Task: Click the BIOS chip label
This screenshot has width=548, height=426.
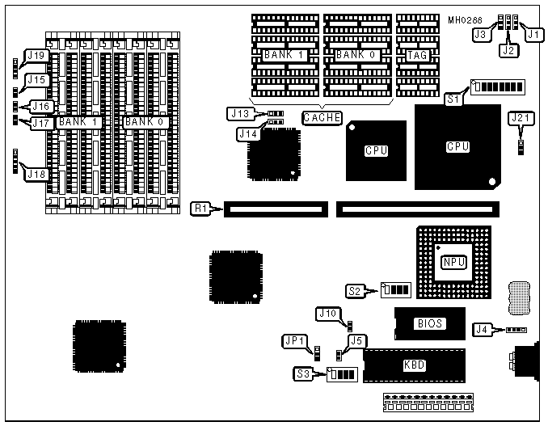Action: [x=429, y=323]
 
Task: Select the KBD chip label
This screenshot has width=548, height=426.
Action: [x=414, y=365]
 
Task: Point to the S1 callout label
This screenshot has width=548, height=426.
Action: [x=454, y=99]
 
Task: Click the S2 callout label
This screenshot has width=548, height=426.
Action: [x=354, y=290]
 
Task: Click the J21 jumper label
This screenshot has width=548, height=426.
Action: [x=521, y=118]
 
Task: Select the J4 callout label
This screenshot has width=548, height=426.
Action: [x=482, y=329]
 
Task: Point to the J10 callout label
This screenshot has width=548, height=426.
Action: [x=327, y=313]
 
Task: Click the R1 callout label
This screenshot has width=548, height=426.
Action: [x=201, y=209]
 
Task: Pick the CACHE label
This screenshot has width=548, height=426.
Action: [x=321, y=117]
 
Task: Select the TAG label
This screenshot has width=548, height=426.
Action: [x=417, y=55]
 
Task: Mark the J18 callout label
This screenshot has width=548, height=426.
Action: [x=36, y=173]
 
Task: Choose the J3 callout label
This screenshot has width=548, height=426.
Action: [x=480, y=35]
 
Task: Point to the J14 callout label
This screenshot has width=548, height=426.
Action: [x=248, y=133]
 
